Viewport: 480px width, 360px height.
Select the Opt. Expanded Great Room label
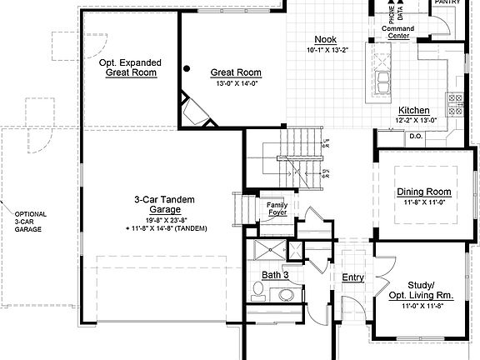click(x=130, y=67)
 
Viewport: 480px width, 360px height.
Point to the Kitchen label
click(x=413, y=111)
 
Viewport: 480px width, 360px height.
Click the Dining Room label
click(x=423, y=192)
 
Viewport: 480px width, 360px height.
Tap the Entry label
click(x=352, y=277)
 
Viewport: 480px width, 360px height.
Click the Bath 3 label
click(x=274, y=274)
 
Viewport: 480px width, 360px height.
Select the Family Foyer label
click(x=276, y=208)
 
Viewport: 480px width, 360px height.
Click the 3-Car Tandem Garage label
click(x=165, y=205)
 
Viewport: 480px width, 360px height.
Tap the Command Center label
click(x=397, y=32)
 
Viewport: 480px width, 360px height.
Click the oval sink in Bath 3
click(x=286, y=293)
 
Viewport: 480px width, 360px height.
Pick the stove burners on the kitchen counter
click(x=455, y=103)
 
